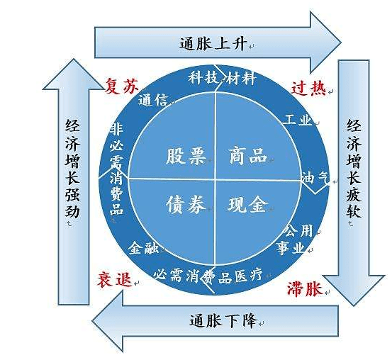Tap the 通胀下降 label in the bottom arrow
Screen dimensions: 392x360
pyautogui.click(x=223, y=320)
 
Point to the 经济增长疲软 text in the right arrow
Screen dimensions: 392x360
pyautogui.click(x=354, y=169)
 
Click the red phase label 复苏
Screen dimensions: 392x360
pyautogui.click(x=121, y=86)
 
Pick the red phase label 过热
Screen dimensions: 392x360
pyautogui.click(x=308, y=88)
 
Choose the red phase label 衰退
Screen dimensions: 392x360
pyautogui.click(x=115, y=279)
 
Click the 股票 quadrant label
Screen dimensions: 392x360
pyautogui.click(x=186, y=156)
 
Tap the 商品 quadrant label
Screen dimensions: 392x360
pyautogui.click(x=248, y=156)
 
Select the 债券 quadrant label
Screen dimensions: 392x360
pyautogui.click(x=186, y=205)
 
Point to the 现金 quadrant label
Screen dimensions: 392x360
pyautogui.click(x=247, y=205)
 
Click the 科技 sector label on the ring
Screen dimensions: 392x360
pyautogui.click(x=203, y=77)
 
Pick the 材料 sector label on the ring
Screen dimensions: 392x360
pyautogui.click(x=241, y=78)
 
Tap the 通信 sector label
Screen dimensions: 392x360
pyautogui.click(x=153, y=101)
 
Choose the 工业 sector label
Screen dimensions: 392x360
pyautogui.click(x=298, y=120)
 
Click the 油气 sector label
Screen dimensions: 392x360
pyautogui.click(x=315, y=178)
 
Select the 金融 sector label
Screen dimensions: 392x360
pyautogui.click(x=143, y=248)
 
